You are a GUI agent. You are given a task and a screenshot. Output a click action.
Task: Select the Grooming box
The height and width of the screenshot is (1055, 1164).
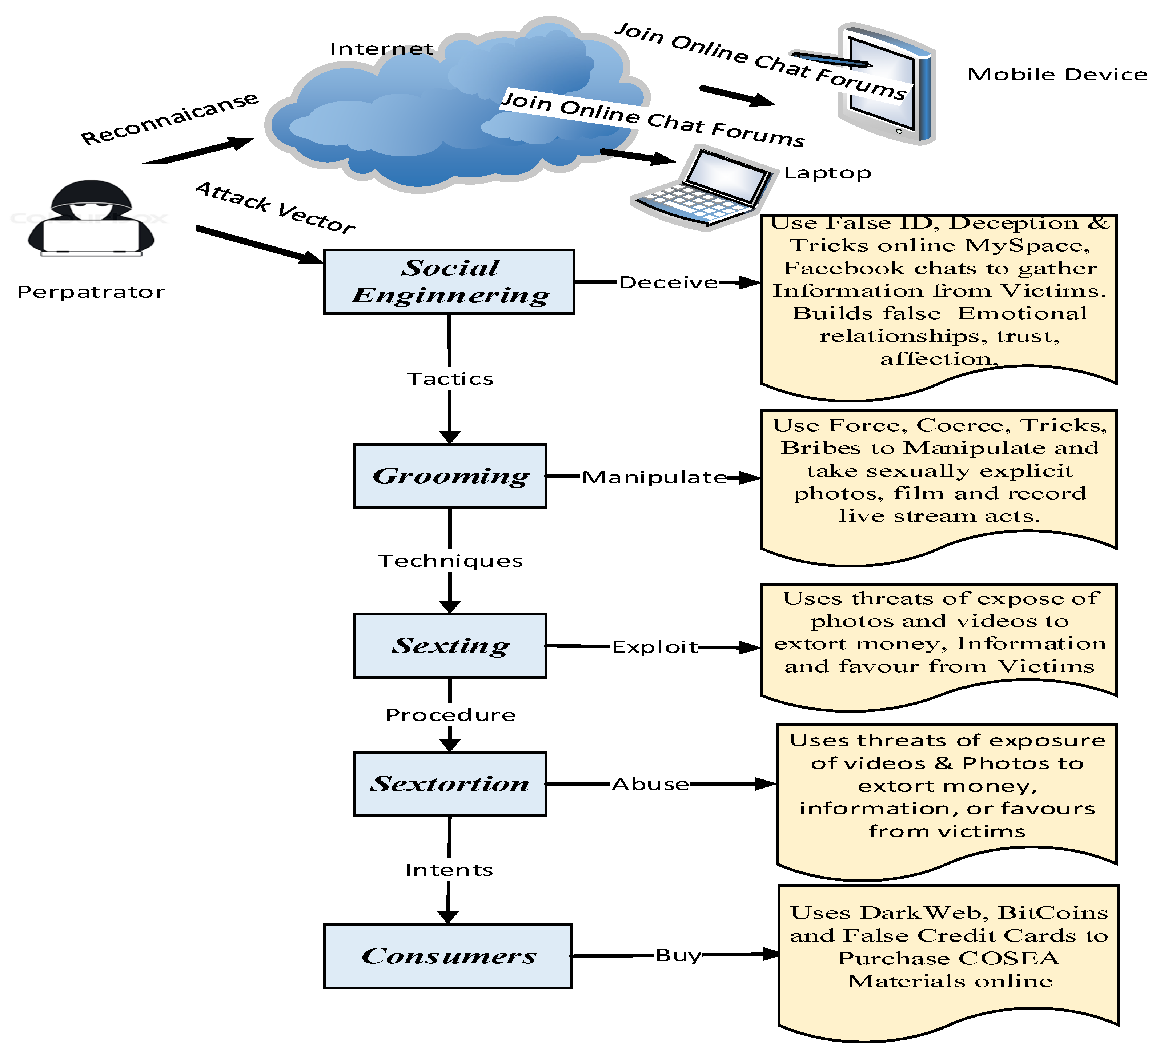pyautogui.click(x=450, y=476)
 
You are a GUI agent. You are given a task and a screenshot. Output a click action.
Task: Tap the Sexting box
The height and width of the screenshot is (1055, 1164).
pyautogui.click(x=450, y=646)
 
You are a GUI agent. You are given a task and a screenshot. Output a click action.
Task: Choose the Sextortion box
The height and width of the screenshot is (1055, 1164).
pyautogui.click(x=450, y=783)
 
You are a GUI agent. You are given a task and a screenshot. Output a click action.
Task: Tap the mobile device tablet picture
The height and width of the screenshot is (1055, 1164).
pyautogui.click(x=886, y=84)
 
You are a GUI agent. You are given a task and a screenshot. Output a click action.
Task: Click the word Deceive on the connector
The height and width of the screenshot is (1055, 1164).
pyautogui.click(x=668, y=282)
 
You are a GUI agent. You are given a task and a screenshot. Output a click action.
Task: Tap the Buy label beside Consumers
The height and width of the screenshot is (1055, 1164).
pyautogui.click(x=678, y=955)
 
